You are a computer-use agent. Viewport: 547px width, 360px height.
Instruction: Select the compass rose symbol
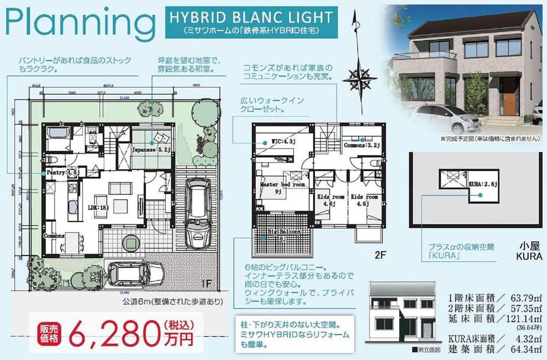(x=360, y=77)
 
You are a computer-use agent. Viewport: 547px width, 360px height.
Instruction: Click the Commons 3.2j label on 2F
(x=360, y=146)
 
